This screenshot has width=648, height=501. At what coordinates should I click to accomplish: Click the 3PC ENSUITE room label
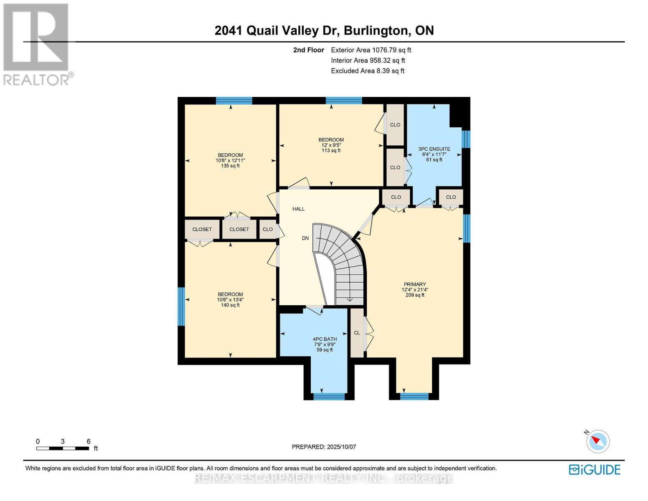(434, 149)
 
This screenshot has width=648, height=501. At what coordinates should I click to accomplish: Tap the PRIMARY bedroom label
(415, 284)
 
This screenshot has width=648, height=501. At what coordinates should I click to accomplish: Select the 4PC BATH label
(325, 339)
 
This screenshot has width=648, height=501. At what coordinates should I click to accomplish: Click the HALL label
(298, 209)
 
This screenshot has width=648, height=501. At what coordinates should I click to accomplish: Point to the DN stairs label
(305, 238)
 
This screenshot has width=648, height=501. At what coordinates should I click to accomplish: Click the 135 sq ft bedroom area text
(230, 166)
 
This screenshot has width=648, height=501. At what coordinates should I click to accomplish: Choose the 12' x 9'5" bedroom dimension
(331, 145)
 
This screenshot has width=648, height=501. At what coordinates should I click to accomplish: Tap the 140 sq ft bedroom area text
(230, 305)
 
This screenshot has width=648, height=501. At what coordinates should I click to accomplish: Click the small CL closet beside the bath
(357, 333)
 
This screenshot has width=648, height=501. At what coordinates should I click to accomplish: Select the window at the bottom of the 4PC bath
(329, 396)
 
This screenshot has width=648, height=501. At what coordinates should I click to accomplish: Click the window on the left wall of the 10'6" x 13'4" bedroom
(182, 306)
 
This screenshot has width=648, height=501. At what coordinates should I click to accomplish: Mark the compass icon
(598, 441)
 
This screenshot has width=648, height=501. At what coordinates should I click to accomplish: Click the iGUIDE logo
(595, 470)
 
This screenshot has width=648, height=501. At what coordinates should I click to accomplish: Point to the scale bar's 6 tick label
(88, 441)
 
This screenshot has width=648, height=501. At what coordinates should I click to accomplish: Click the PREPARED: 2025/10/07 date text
(324, 447)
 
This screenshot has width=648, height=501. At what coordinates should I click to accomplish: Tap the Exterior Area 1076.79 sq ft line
(371, 50)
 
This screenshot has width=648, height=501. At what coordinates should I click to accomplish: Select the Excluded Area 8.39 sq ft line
(367, 71)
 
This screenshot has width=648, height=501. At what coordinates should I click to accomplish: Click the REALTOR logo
(38, 44)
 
